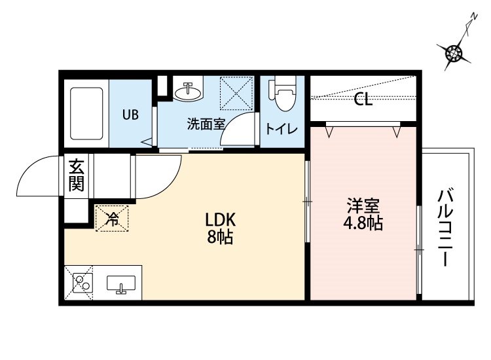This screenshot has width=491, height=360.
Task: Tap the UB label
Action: (x=130, y=115)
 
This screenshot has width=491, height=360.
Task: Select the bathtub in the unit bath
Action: (x=86, y=112)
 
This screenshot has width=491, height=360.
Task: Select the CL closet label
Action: (x=363, y=100)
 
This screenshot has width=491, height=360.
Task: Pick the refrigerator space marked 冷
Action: (x=112, y=218)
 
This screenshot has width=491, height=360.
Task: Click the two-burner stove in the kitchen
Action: (x=82, y=283)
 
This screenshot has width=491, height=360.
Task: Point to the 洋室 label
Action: (x=363, y=205)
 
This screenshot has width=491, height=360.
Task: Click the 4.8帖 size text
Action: (x=363, y=223)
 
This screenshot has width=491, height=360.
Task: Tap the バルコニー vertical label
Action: (x=447, y=228)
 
